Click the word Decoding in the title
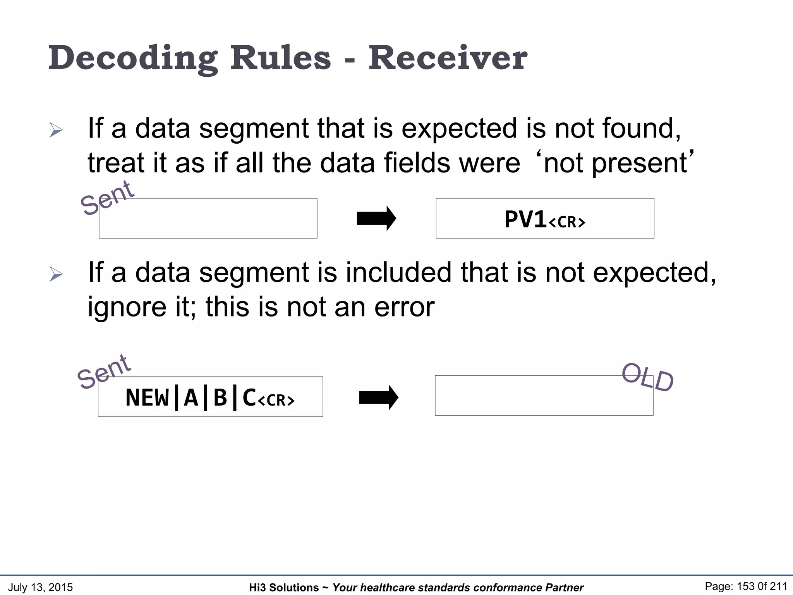(132, 58)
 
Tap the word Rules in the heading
(281, 58)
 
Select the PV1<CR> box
(545, 218)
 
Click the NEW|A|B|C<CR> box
(210, 397)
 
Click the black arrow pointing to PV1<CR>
(376, 218)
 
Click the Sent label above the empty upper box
(107, 198)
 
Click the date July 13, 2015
(40, 587)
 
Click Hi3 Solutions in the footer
(283, 588)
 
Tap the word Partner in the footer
(564, 588)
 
